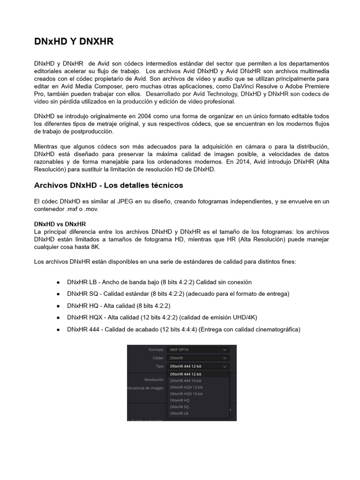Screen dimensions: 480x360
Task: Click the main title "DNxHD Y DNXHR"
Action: pyautogui.click(x=74, y=42)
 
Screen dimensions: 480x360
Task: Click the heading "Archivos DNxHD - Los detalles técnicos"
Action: pyautogui.click(x=108, y=185)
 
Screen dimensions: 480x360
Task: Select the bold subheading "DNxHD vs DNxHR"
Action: pyautogui.click(x=60, y=224)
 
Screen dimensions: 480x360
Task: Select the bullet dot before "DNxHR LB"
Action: pyautogui.click(x=58, y=282)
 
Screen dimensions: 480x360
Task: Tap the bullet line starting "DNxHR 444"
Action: pyautogui.click(x=183, y=330)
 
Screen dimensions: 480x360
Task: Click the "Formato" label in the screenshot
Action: pyautogui.click(x=156, y=350)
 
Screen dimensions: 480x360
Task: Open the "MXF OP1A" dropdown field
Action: pyautogui.click(x=198, y=350)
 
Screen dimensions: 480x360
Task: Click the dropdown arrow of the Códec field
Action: pyautogui.click(x=225, y=358)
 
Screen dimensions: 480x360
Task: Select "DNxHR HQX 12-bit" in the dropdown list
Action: pyautogui.click(x=186, y=387)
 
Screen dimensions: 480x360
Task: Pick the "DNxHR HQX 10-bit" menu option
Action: pyautogui.click(x=186, y=394)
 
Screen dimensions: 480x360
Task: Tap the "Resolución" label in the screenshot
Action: pyautogui.click(x=154, y=380)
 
